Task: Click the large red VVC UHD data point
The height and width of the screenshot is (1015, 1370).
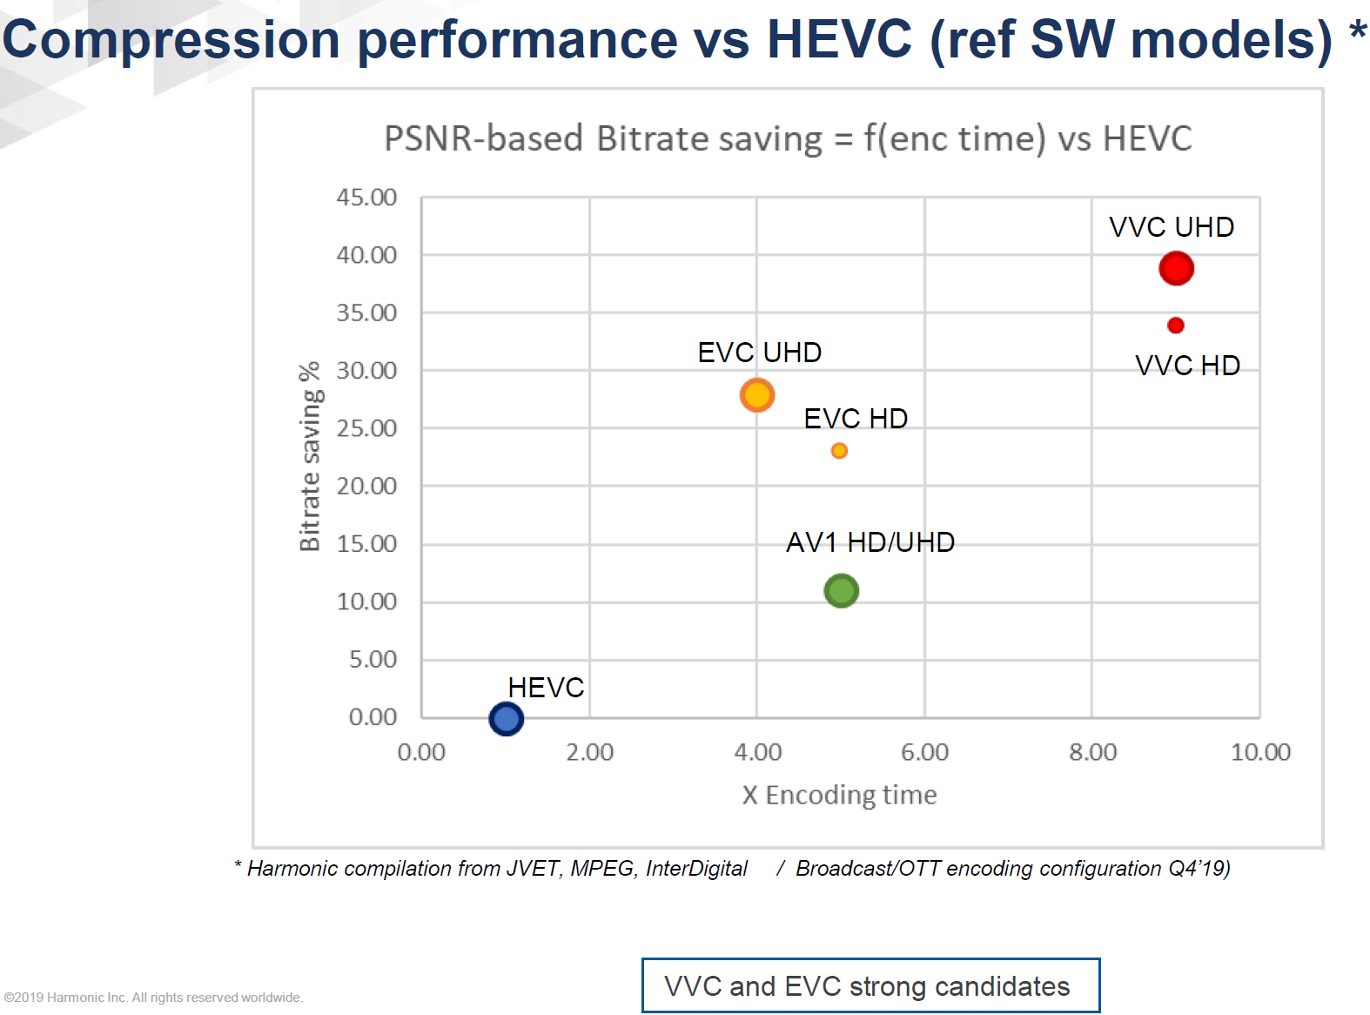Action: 1176,268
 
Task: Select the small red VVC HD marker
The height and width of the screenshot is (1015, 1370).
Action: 1176,326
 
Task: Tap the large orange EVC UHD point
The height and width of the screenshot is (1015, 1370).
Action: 757,395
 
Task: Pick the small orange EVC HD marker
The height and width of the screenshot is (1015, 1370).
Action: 839,451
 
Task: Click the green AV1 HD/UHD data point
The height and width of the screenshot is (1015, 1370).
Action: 842,591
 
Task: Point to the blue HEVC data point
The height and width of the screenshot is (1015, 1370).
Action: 506,719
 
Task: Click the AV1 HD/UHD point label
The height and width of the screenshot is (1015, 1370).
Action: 870,542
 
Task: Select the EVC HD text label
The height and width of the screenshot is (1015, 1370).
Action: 855,419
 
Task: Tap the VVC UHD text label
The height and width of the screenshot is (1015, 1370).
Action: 1171,227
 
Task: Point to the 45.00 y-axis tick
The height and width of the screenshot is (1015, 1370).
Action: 366,198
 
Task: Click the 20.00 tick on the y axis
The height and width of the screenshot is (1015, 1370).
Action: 366,486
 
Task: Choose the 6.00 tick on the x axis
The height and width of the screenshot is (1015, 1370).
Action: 924,752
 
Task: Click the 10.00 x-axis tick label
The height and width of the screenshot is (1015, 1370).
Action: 1259,752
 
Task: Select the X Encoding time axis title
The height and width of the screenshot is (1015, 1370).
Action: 839,795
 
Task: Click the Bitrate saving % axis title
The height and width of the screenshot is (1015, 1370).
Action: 310,457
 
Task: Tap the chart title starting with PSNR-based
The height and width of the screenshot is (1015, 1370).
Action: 787,138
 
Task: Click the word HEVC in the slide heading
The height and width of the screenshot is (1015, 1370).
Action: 839,39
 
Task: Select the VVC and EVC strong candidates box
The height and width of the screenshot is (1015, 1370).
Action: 870,985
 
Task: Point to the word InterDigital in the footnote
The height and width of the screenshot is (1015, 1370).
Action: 696,868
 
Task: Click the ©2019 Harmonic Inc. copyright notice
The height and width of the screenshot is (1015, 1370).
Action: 153,998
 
